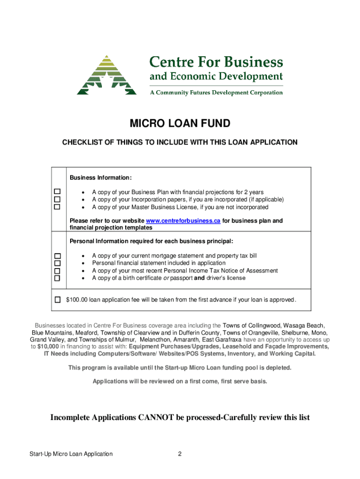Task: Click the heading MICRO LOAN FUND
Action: (x=180, y=124)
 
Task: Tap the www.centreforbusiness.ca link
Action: (x=183, y=220)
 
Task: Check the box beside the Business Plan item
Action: (x=58, y=192)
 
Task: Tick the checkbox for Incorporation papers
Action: (x=58, y=199)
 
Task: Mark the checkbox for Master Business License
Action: (x=58, y=207)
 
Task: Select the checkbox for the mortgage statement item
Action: (x=58, y=256)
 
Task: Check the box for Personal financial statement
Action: (x=58, y=263)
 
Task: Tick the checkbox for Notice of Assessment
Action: (x=58, y=271)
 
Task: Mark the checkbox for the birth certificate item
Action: (x=58, y=278)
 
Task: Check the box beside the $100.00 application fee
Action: (x=58, y=299)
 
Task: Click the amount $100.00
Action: (x=77, y=299)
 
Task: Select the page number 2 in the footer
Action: (x=180, y=454)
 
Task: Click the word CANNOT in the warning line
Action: (x=157, y=417)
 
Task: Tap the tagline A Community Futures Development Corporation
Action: (x=216, y=93)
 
